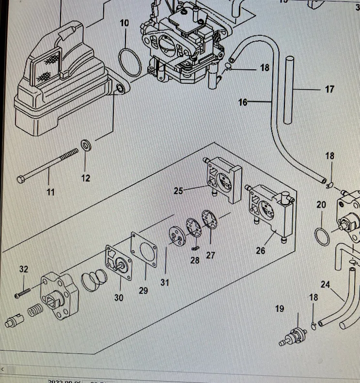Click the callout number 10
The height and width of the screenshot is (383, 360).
click(125, 23)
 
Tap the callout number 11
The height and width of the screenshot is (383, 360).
click(50, 192)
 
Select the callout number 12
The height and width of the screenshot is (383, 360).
click(85, 178)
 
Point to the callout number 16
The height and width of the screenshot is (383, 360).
click(243, 102)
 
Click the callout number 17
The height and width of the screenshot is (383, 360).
click(329, 89)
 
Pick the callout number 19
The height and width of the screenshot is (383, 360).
click(280, 308)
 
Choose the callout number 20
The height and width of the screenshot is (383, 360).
click(321, 205)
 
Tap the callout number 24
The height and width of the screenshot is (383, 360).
click(325, 285)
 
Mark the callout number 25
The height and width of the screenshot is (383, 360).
click(178, 191)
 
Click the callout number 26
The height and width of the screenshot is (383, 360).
click(261, 251)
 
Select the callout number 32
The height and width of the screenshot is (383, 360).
click(24, 269)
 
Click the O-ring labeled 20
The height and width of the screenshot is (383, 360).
click(322, 235)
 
